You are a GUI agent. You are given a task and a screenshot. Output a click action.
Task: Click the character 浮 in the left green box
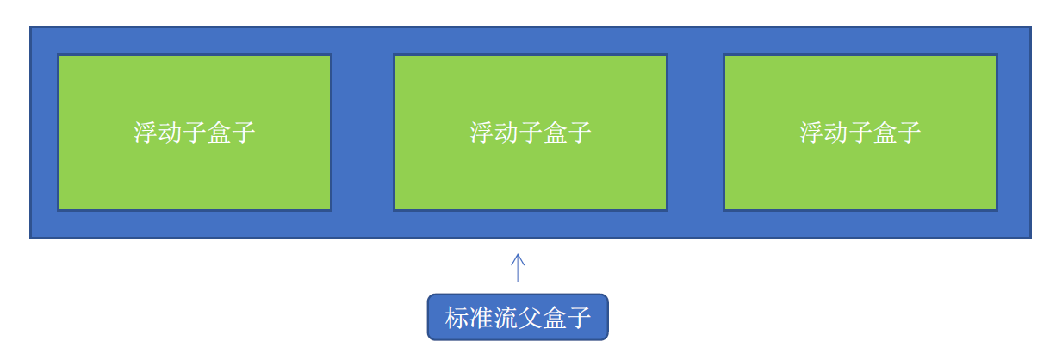[x=146, y=133]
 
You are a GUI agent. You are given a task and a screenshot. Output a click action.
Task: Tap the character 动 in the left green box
[x=170, y=133]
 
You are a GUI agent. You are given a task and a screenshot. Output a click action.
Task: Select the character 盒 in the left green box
[x=219, y=133]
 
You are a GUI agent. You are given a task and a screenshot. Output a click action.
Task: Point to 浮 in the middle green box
[x=481, y=133]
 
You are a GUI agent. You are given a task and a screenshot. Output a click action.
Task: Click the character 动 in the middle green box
[x=506, y=133]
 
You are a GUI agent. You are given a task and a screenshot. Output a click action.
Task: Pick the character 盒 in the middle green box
[x=555, y=133]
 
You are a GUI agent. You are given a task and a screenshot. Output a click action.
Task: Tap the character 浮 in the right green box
[x=811, y=133]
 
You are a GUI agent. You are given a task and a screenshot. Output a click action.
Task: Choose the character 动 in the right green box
[x=835, y=133]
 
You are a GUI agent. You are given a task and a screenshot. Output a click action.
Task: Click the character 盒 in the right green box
[x=885, y=133]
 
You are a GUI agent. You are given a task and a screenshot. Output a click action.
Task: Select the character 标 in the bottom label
[x=457, y=318]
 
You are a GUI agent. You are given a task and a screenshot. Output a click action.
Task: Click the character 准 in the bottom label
[x=481, y=318]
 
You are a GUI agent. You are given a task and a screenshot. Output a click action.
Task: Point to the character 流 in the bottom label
[x=506, y=318]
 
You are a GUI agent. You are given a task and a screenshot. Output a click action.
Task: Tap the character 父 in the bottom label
[x=531, y=318]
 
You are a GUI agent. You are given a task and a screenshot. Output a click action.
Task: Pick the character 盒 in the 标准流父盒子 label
[x=555, y=318]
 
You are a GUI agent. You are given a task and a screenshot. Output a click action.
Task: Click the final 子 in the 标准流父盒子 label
[x=580, y=318]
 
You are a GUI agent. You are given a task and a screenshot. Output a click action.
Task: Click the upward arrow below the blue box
[x=518, y=268]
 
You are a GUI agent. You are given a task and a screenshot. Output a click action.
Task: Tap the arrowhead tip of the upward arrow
[x=518, y=254]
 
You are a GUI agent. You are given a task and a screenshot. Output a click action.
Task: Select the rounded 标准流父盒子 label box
[x=518, y=317]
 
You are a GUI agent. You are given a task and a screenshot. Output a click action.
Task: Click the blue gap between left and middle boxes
[x=363, y=133]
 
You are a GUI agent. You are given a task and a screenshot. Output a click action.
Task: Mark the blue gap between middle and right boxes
[x=695, y=133]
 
